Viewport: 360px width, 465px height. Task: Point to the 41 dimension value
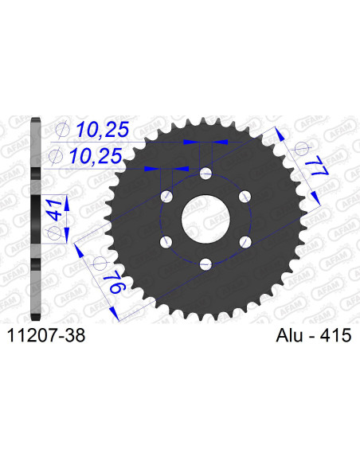click(x=53, y=209)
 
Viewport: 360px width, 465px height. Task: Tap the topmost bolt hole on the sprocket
click(x=205, y=173)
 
